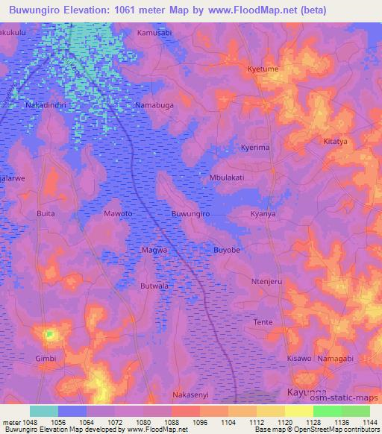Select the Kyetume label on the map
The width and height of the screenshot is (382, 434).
pos(263,69)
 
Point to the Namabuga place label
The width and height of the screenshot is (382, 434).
pos(154,106)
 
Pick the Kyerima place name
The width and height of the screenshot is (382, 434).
pos(254,148)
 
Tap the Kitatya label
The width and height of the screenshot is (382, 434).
pos(336,141)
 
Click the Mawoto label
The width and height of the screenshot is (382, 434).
pos(118,214)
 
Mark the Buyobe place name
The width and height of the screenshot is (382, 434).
pos(227,250)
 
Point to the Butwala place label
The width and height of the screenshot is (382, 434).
pos(154,286)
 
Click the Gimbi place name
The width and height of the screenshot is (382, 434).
pos(46,359)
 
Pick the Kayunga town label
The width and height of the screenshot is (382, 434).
pos(307,391)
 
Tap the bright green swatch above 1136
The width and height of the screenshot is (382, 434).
pos(327,411)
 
